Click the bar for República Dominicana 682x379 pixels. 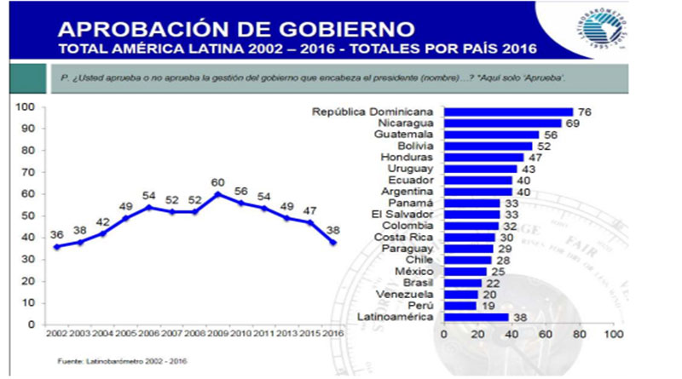[x=508, y=112]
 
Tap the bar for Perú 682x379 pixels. [x=459, y=305]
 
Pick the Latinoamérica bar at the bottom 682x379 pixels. [x=476, y=317]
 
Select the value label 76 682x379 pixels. [x=584, y=112]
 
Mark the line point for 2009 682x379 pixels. [x=219, y=194]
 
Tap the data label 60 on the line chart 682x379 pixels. [x=219, y=182]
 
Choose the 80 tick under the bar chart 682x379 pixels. [x=578, y=334]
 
